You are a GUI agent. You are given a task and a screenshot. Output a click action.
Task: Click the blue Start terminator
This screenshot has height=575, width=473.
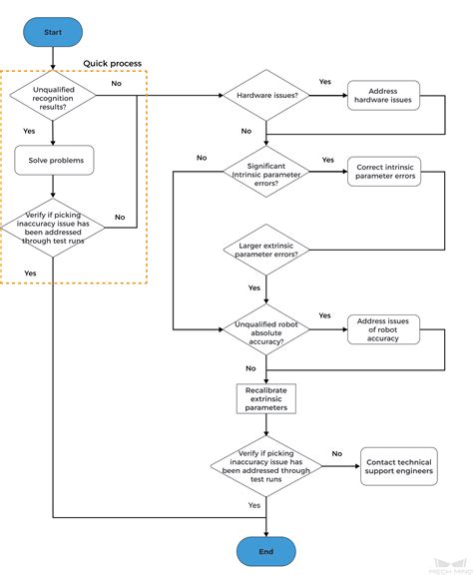[53, 32]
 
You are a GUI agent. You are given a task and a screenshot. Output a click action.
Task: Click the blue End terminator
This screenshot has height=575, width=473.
[266, 550]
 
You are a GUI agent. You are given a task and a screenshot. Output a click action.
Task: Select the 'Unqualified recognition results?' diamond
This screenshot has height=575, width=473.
[53, 98]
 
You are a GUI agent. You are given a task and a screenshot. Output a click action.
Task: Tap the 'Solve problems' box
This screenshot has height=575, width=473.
[53, 161]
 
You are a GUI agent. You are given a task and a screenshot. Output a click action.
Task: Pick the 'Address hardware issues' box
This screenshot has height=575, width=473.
[382, 97]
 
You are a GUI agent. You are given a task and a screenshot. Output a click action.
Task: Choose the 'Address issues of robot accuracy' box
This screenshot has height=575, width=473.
[383, 330]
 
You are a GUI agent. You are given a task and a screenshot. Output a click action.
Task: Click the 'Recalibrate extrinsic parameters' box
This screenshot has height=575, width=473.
[266, 399]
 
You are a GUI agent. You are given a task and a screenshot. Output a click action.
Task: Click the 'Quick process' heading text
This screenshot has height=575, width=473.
[112, 63]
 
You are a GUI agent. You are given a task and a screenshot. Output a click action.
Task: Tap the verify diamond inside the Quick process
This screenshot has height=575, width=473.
[53, 228]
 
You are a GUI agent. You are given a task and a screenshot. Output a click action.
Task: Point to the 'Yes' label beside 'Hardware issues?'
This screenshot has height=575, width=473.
[325, 82]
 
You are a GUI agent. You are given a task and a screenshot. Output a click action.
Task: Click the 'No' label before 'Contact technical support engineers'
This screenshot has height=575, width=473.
[336, 454]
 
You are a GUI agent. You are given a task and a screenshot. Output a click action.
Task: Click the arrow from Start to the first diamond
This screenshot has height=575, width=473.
[53, 58]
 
